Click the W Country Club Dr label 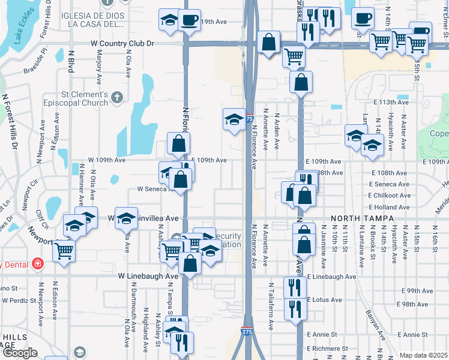tap(122, 44)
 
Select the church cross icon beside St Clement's tap(117, 95)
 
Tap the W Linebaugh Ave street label tap(148, 275)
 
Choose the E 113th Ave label tap(391, 102)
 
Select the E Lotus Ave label tap(324, 299)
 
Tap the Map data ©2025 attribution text tap(423, 355)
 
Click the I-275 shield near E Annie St tap(247, 331)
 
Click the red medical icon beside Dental tap(38, 263)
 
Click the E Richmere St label tap(327, 348)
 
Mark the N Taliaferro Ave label tap(271, 307)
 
